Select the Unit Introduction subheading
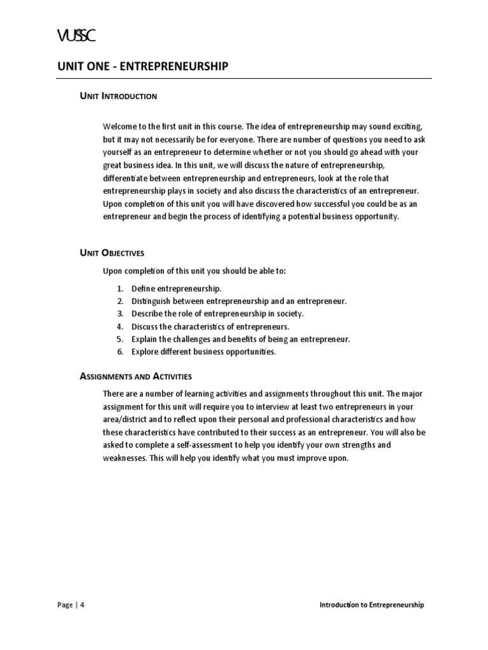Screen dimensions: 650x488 [x=119, y=96]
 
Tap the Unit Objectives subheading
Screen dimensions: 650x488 [x=112, y=253]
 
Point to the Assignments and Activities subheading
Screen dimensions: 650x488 [x=136, y=376]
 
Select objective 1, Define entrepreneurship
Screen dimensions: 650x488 [x=176, y=289]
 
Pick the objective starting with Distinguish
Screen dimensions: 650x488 [x=239, y=302]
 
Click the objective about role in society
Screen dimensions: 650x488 [x=217, y=314]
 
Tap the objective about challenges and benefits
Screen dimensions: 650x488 [x=241, y=340]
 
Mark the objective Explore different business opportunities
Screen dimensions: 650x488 [x=203, y=352]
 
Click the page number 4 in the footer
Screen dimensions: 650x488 [x=82, y=605]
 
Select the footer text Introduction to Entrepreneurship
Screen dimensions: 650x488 [x=371, y=605]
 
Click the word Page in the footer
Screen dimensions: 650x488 [x=65, y=605]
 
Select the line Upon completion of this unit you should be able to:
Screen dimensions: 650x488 [x=194, y=271]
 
